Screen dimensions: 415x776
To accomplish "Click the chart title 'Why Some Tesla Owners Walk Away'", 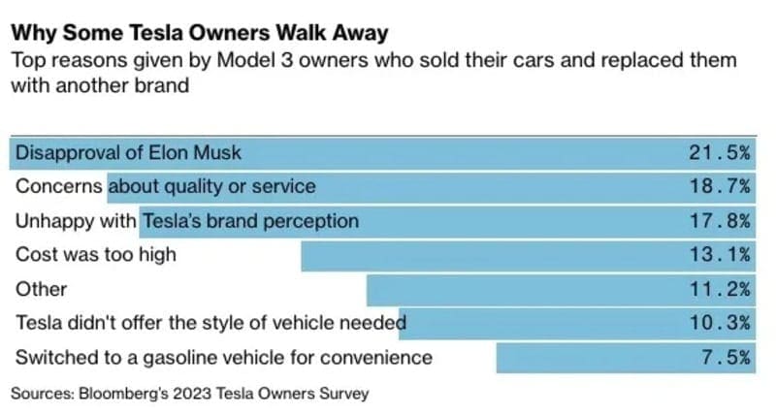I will [199, 33].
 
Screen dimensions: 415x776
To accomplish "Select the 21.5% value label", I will [720, 153].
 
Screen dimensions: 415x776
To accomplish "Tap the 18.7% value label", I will [720, 187].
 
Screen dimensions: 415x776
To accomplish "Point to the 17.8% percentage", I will [720, 221].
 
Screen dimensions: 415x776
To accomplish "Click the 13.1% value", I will [720, 255].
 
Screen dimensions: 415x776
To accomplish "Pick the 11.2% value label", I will [720, 289].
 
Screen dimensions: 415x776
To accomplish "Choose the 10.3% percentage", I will [720, 323].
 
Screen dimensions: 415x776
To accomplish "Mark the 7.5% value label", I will [725, 357].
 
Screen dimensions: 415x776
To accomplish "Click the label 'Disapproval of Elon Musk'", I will [128, 153].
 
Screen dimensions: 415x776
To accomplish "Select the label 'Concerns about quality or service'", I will [165, 187].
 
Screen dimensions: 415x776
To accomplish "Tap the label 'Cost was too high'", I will [95, 255].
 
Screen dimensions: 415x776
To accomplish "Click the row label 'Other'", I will [41, 289].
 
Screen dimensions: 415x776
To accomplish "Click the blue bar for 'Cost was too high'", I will [485, 255].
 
